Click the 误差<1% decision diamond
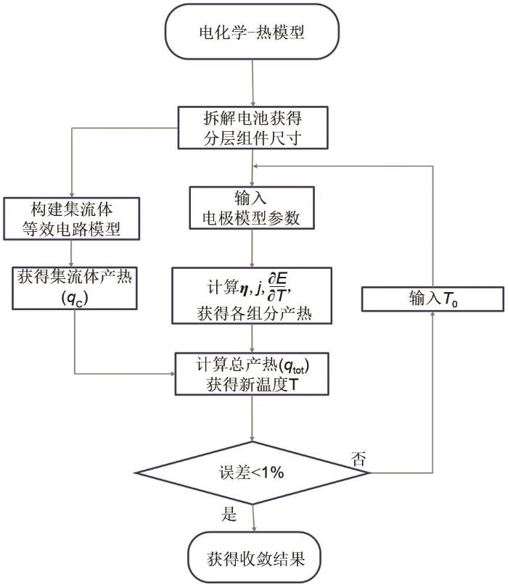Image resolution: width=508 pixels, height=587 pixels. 253,472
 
